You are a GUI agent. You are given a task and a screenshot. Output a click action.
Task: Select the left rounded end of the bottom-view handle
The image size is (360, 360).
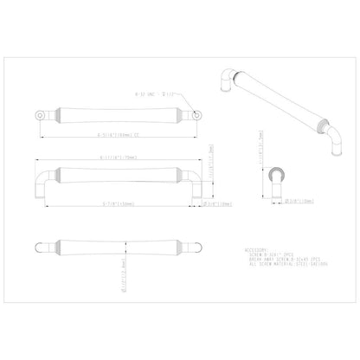(x=40, y=243)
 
